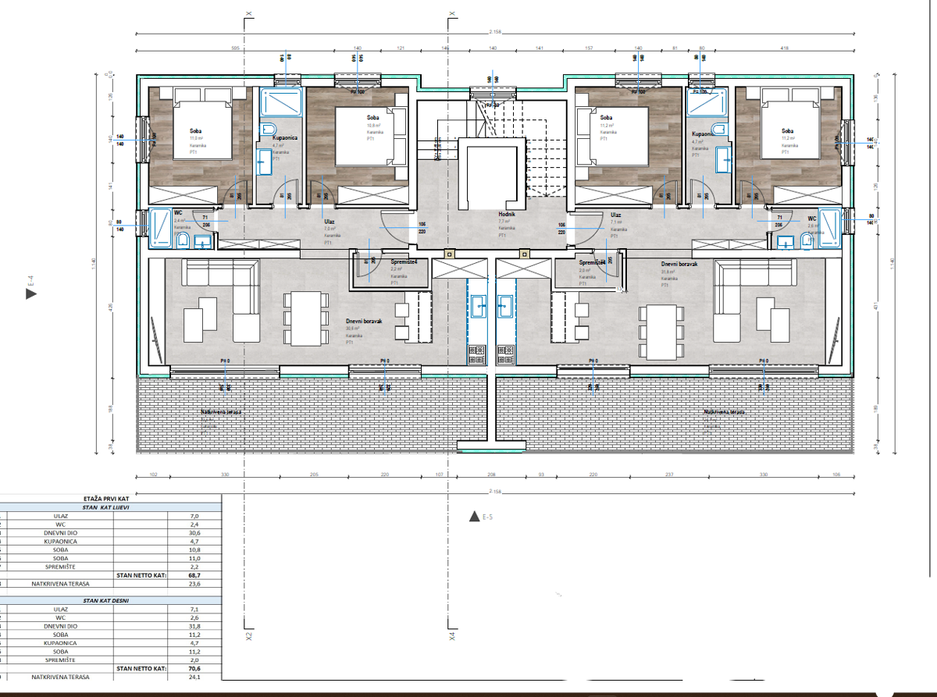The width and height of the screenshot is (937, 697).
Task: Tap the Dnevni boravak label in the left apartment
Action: pos(363,321)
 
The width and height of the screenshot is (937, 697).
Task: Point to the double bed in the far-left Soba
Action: pos(201,130)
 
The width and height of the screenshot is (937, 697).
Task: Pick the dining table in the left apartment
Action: pos(304,318)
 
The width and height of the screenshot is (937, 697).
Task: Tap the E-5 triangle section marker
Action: pos(472,516)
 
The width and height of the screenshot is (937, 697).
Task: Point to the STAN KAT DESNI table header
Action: pos(105,601)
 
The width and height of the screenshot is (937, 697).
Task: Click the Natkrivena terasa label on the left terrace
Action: pos(221,411)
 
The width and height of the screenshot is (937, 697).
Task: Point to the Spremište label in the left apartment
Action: pos(404,262)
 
